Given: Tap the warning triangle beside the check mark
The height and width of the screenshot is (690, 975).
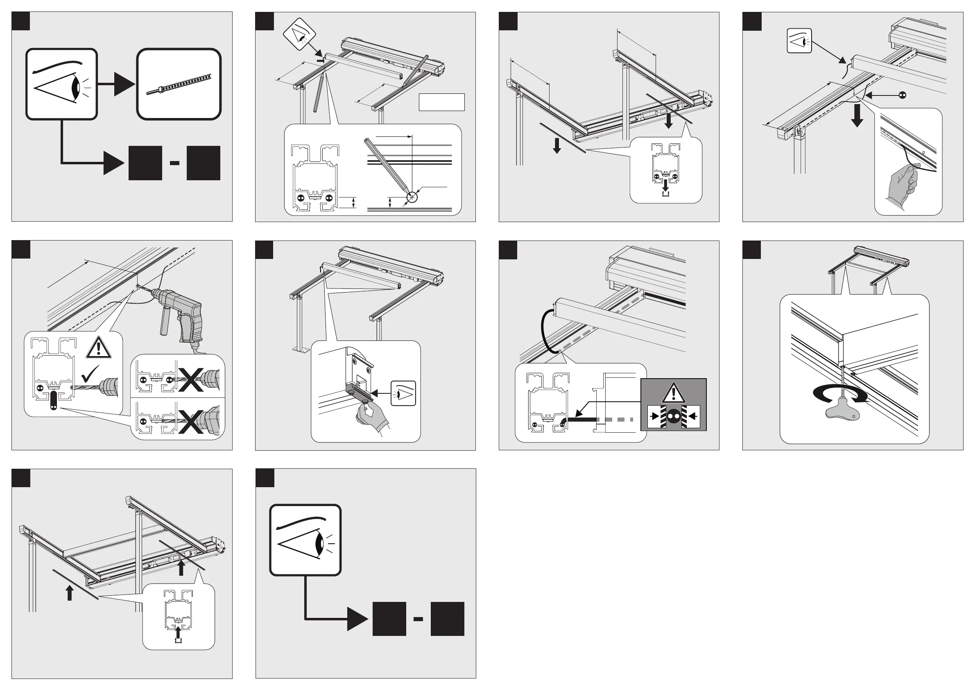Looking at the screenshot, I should [x=99, y=347].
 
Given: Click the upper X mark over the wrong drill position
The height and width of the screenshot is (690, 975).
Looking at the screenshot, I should [x=191, y=379].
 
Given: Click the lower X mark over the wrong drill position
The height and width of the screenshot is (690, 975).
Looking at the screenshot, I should [x=191, y=421].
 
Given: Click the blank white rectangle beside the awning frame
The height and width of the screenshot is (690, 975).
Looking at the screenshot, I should [x=442, y=102].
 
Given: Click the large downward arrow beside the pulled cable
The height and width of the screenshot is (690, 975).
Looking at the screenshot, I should [x=857, y=116].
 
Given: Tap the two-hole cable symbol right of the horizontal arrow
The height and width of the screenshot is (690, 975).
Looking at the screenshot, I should [x=903, y=95].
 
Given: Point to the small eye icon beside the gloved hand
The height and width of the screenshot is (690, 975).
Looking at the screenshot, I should [x=403, y=393].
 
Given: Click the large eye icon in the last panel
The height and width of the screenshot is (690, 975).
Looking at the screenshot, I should [x=305, y=540].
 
